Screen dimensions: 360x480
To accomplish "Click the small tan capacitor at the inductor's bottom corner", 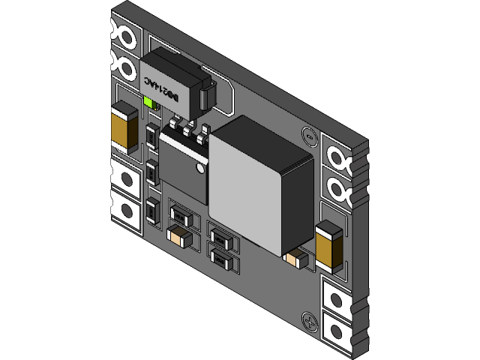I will point(295,259).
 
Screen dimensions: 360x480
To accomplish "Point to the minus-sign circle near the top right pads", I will point(306,136).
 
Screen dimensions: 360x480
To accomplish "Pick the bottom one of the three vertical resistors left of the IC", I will point(152,211).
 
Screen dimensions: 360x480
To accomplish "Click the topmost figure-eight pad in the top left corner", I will point(121,30).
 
